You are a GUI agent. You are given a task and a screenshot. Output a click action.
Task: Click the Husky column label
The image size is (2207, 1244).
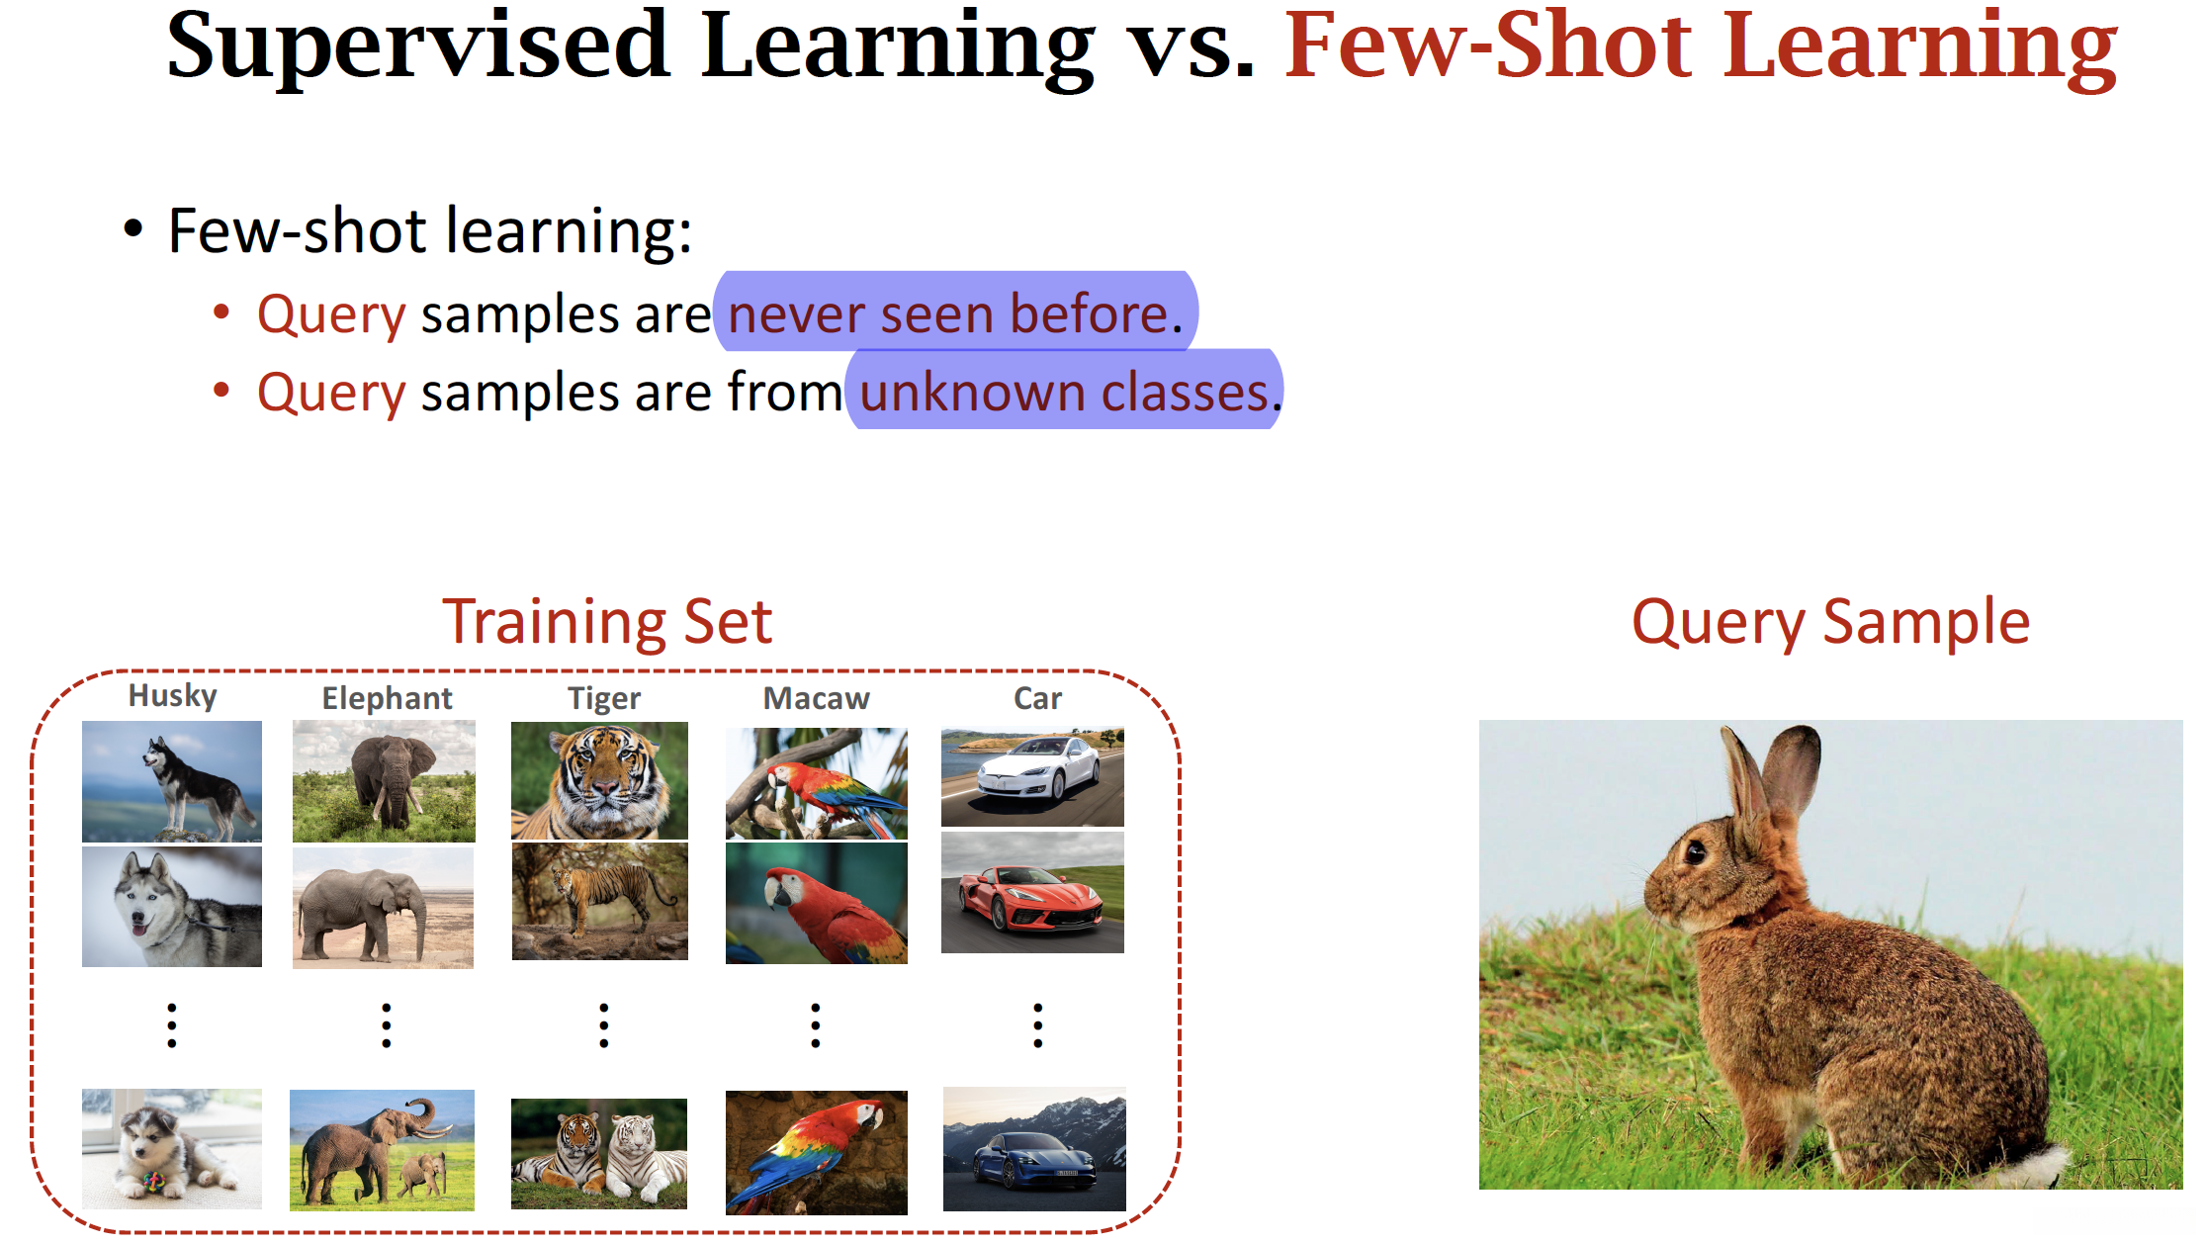click(x=173, y=696)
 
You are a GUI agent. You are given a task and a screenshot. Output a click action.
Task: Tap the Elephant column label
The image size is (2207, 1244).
click(x=387, y=698)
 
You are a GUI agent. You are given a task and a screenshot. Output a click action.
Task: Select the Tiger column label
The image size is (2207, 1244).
click(x=604, y=699)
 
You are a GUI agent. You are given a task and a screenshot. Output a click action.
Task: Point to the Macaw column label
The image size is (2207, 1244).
click(x=816, y=698)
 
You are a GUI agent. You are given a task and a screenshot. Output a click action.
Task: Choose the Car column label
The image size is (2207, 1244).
click(x=1037, y=698)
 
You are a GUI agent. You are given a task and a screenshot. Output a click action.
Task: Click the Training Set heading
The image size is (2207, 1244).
click(x=607, y=622)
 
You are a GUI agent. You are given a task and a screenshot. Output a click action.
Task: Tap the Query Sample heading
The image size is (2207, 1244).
click(x=1830, y=623)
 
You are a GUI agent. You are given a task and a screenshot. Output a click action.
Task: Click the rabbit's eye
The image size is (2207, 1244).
click(x=1696, y=851)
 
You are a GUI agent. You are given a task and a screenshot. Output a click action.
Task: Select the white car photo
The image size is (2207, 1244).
click(x=1032, y=777)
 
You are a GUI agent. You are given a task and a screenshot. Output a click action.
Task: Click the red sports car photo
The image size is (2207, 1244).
click(x=1032, y=893)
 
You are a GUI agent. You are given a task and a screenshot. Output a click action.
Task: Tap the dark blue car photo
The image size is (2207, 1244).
click(x=1034, y=1149)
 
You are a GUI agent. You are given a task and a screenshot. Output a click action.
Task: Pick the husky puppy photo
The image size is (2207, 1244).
click(x=172, y=1149)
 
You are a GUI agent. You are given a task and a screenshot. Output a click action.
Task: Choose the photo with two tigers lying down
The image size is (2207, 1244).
click(x=599, y=1154)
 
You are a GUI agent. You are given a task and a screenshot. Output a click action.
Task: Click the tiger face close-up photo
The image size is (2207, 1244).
click(x=599, y=780)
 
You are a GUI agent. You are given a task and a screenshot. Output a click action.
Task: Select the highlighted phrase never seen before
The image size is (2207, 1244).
click(x=955, y=314)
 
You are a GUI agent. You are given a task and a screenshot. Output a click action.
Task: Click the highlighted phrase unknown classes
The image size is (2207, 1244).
click(x=1065, y=393)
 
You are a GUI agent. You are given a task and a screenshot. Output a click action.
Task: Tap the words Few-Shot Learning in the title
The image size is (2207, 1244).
click(x=1701, y=46)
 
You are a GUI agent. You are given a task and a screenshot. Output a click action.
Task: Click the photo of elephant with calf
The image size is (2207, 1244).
click(x=382, y=1150)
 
